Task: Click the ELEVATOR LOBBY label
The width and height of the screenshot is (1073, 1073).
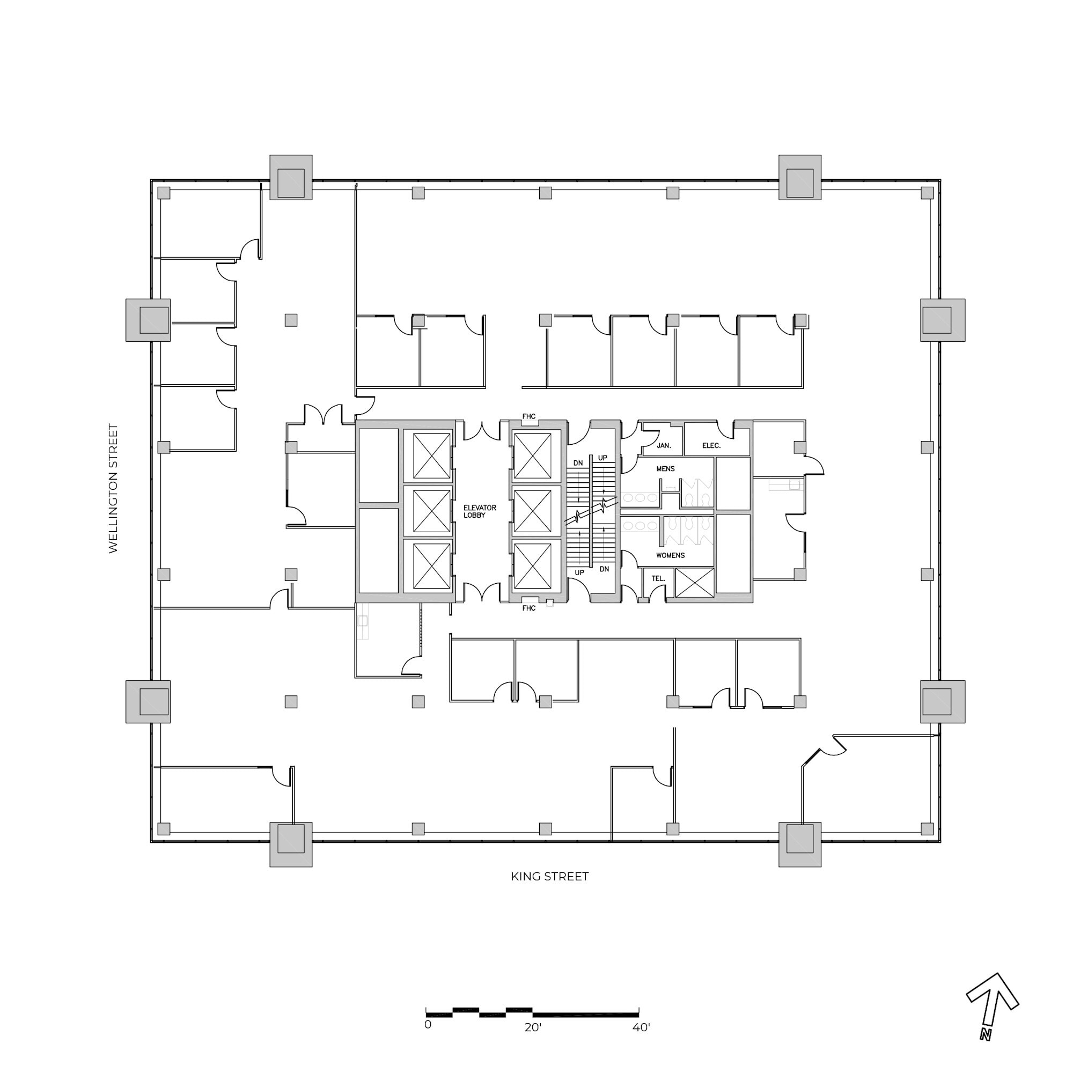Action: [x=479, y=511]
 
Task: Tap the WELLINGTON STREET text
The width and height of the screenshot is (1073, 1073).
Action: [x=113, y=489]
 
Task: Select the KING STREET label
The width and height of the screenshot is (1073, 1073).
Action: [x=549, y=877]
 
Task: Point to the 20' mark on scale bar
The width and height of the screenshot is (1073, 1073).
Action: [x=533, y=1043]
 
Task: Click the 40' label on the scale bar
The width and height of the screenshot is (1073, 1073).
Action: [x=641, y=1043]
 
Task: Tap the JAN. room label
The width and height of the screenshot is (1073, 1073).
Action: [x=664, y=445]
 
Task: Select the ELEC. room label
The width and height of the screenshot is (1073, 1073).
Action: [x=711, y=445]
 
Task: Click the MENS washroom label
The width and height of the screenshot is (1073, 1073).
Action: [x=665, y=469]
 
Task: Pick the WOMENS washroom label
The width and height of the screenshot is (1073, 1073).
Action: [x=670, y=555]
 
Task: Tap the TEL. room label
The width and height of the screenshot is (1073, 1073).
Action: [x=658, y=578]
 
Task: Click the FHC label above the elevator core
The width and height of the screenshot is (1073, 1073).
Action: [x=529, y=416]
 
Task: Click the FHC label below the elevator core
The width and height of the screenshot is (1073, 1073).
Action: [x=529, y=608]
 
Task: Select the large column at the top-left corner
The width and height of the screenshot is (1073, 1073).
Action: [x=291, y=177]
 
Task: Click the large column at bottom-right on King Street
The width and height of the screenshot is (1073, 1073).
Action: [x=799, y=845]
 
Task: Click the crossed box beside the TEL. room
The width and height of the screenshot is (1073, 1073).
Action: [x=694, y=583]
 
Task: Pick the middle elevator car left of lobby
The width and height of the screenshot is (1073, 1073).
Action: [x=431, y=511]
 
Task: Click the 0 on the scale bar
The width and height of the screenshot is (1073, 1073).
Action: [x=428, y=1040]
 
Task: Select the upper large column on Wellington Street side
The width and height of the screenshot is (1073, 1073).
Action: [x=148, y=320]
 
